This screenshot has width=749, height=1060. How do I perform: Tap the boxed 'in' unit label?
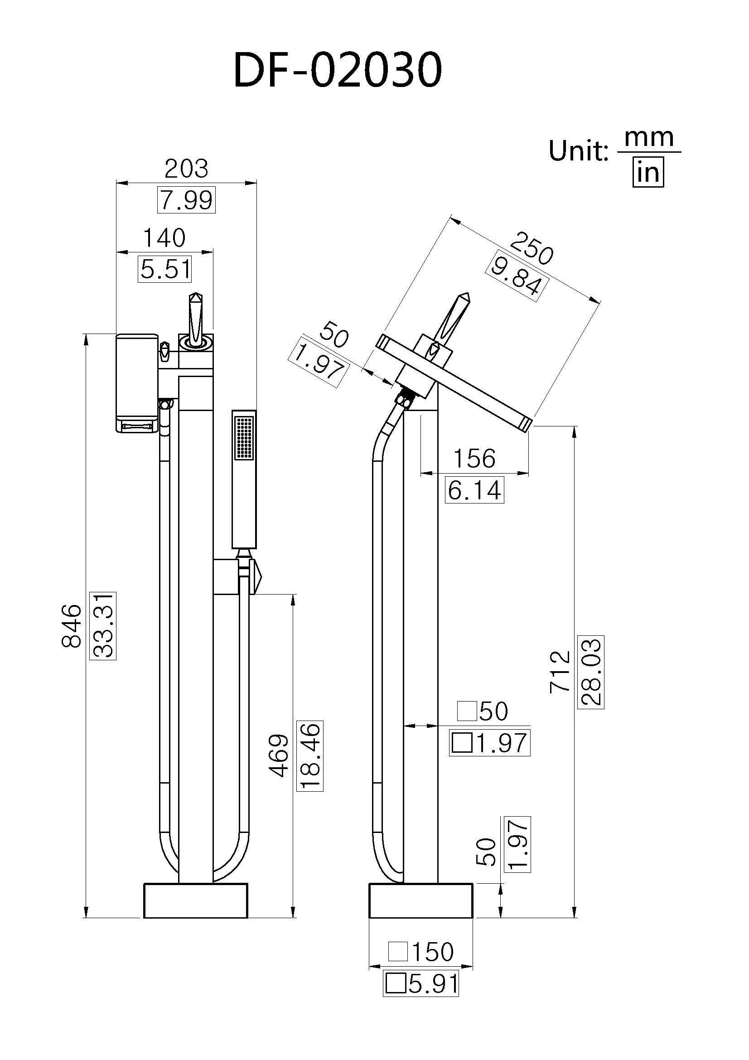648,173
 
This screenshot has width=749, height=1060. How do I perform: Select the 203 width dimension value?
186,169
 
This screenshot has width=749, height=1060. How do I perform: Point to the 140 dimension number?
164,238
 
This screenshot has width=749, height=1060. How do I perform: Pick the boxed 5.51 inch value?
165,270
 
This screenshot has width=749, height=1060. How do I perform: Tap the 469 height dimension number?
279,755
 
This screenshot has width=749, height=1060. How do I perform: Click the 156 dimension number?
474,459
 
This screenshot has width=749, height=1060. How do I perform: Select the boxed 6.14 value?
474,490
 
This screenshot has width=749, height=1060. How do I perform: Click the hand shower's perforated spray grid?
245,438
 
